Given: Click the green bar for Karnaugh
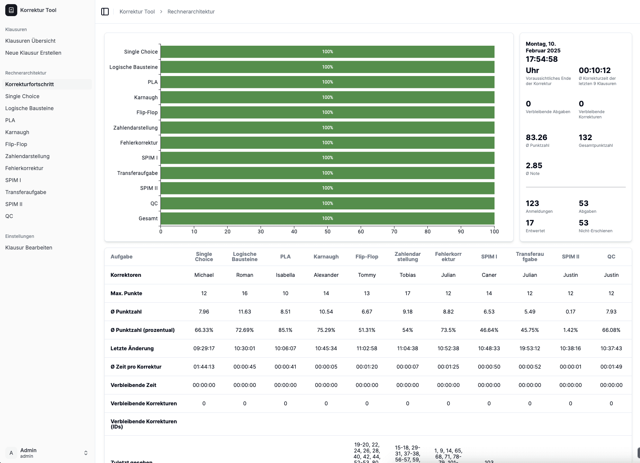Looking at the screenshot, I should [x=327, y=97].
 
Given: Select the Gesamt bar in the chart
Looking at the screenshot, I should [x=327, y=218].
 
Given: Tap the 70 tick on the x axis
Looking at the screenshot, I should [x=394, y=231].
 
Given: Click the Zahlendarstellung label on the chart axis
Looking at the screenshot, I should [x=135, y=128].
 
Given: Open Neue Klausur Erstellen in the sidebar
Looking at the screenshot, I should [x=33, y=53].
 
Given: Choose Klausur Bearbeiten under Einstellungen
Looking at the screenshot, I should [x=29, y=248].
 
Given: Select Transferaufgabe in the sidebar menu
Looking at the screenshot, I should [x=26, y=192].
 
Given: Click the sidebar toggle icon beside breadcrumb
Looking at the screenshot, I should [x=105, y=12].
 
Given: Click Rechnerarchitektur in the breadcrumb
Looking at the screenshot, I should [x=191, y=12].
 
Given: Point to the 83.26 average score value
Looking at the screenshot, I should [x=536, y=137].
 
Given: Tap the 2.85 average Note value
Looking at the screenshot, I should [x=534, y=166].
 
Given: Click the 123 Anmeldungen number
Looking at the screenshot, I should [x=532, y=203].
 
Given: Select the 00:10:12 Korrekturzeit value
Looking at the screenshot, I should [x=595, y=70].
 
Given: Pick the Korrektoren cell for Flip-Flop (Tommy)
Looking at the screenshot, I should [x=367, y=275].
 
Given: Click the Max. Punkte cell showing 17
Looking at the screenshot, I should [x=408, y=293].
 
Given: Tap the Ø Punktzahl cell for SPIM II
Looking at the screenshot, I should [x=570, y=312].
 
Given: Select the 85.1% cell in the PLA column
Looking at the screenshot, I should [x=285, y=330].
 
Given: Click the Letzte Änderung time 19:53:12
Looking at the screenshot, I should [x=529, y=348].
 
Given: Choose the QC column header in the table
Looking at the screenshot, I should [x=611, y=257].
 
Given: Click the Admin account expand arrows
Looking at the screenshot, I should [x=86, y=453].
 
